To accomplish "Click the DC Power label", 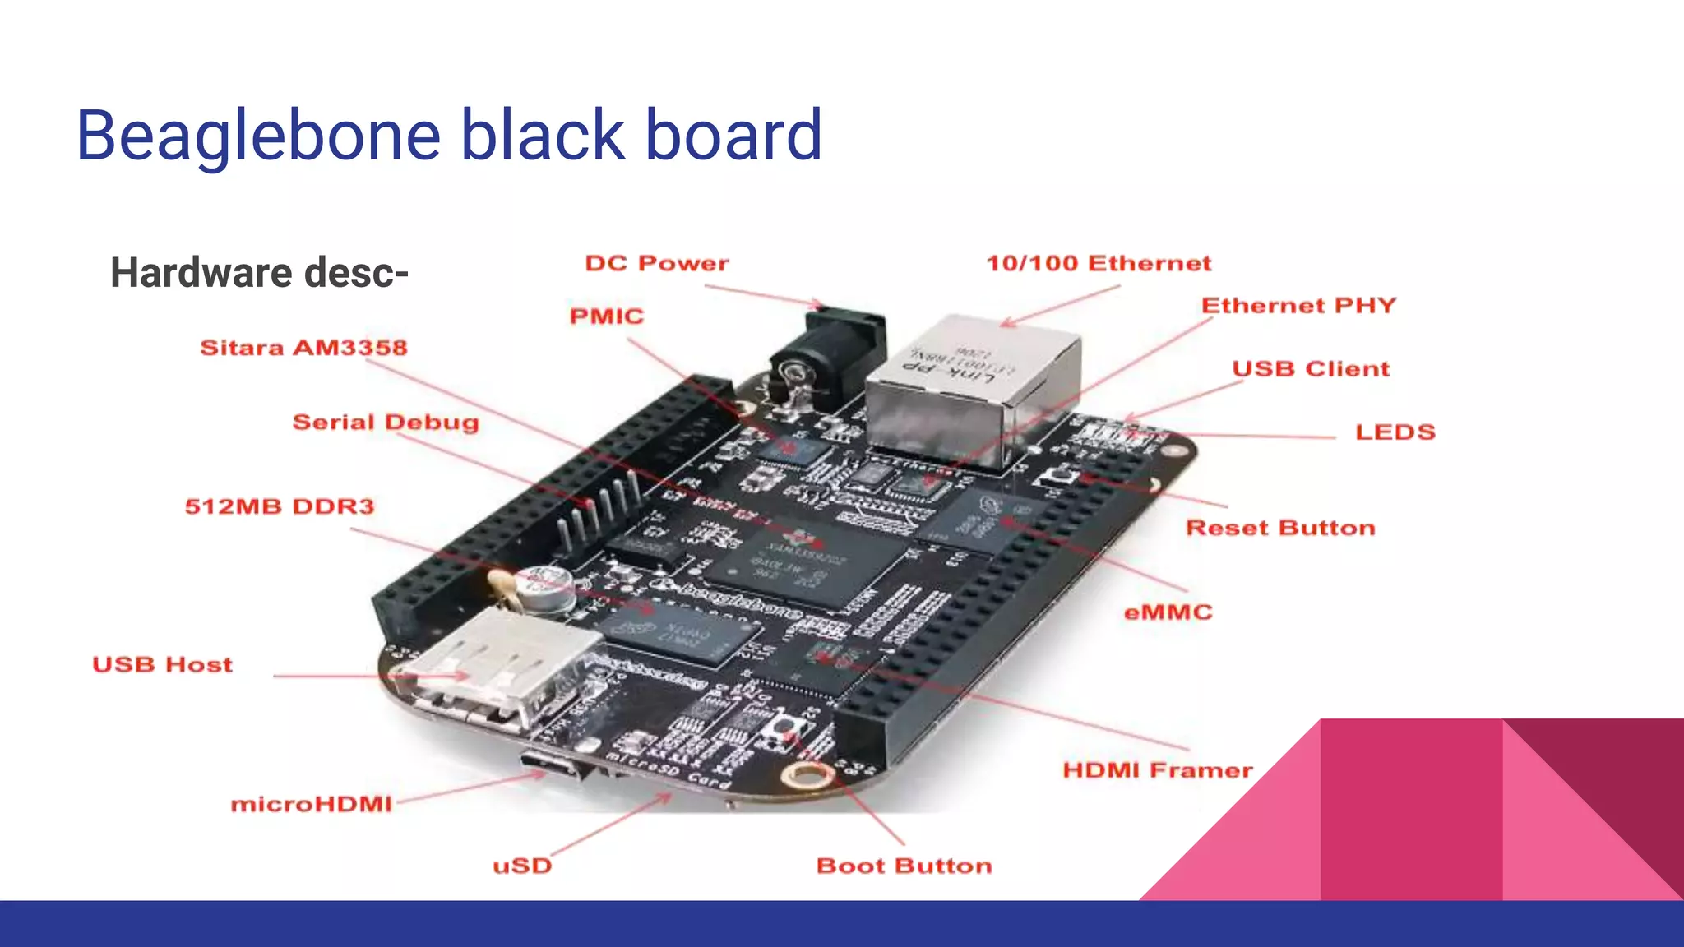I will click(656, 264).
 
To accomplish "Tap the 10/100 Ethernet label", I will click(1099, 264).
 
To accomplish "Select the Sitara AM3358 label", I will click(303, 348).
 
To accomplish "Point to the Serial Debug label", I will click(386, 423).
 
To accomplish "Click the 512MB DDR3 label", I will click(280, 506).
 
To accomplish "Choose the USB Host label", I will click(162, 664).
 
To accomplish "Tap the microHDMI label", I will click(311, 804).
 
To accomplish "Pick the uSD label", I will click(522, 866).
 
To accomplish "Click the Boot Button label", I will click(904, 866).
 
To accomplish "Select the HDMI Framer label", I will click(1157, 770).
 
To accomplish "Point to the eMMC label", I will click(1168, 612).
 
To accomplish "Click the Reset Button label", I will click(1280, 528).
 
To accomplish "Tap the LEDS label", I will click(1395, 432).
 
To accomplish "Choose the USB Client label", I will click(1311, 369).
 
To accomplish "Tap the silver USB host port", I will click(502, 666).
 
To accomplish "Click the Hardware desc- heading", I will click(259, 273).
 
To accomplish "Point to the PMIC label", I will click(607, 316).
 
